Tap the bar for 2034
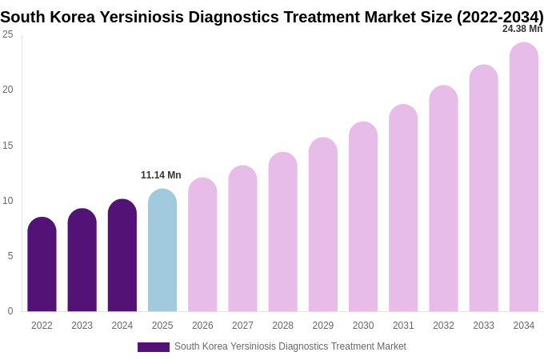(524, 177)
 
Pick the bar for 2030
(363, 217)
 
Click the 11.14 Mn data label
(161, 175)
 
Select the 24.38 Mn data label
(522, 29)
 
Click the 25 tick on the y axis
(8, 34)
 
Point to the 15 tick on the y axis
(8, 146)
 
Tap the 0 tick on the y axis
(10, 311)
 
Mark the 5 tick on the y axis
(10, 256)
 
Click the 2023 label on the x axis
(82, 326)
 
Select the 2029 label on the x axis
(323, 326)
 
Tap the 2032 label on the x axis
(443, 326)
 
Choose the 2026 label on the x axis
(202, 326)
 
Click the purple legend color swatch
(153, 347)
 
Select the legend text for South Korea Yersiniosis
(290, 346)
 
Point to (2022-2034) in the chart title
(500, 17)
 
